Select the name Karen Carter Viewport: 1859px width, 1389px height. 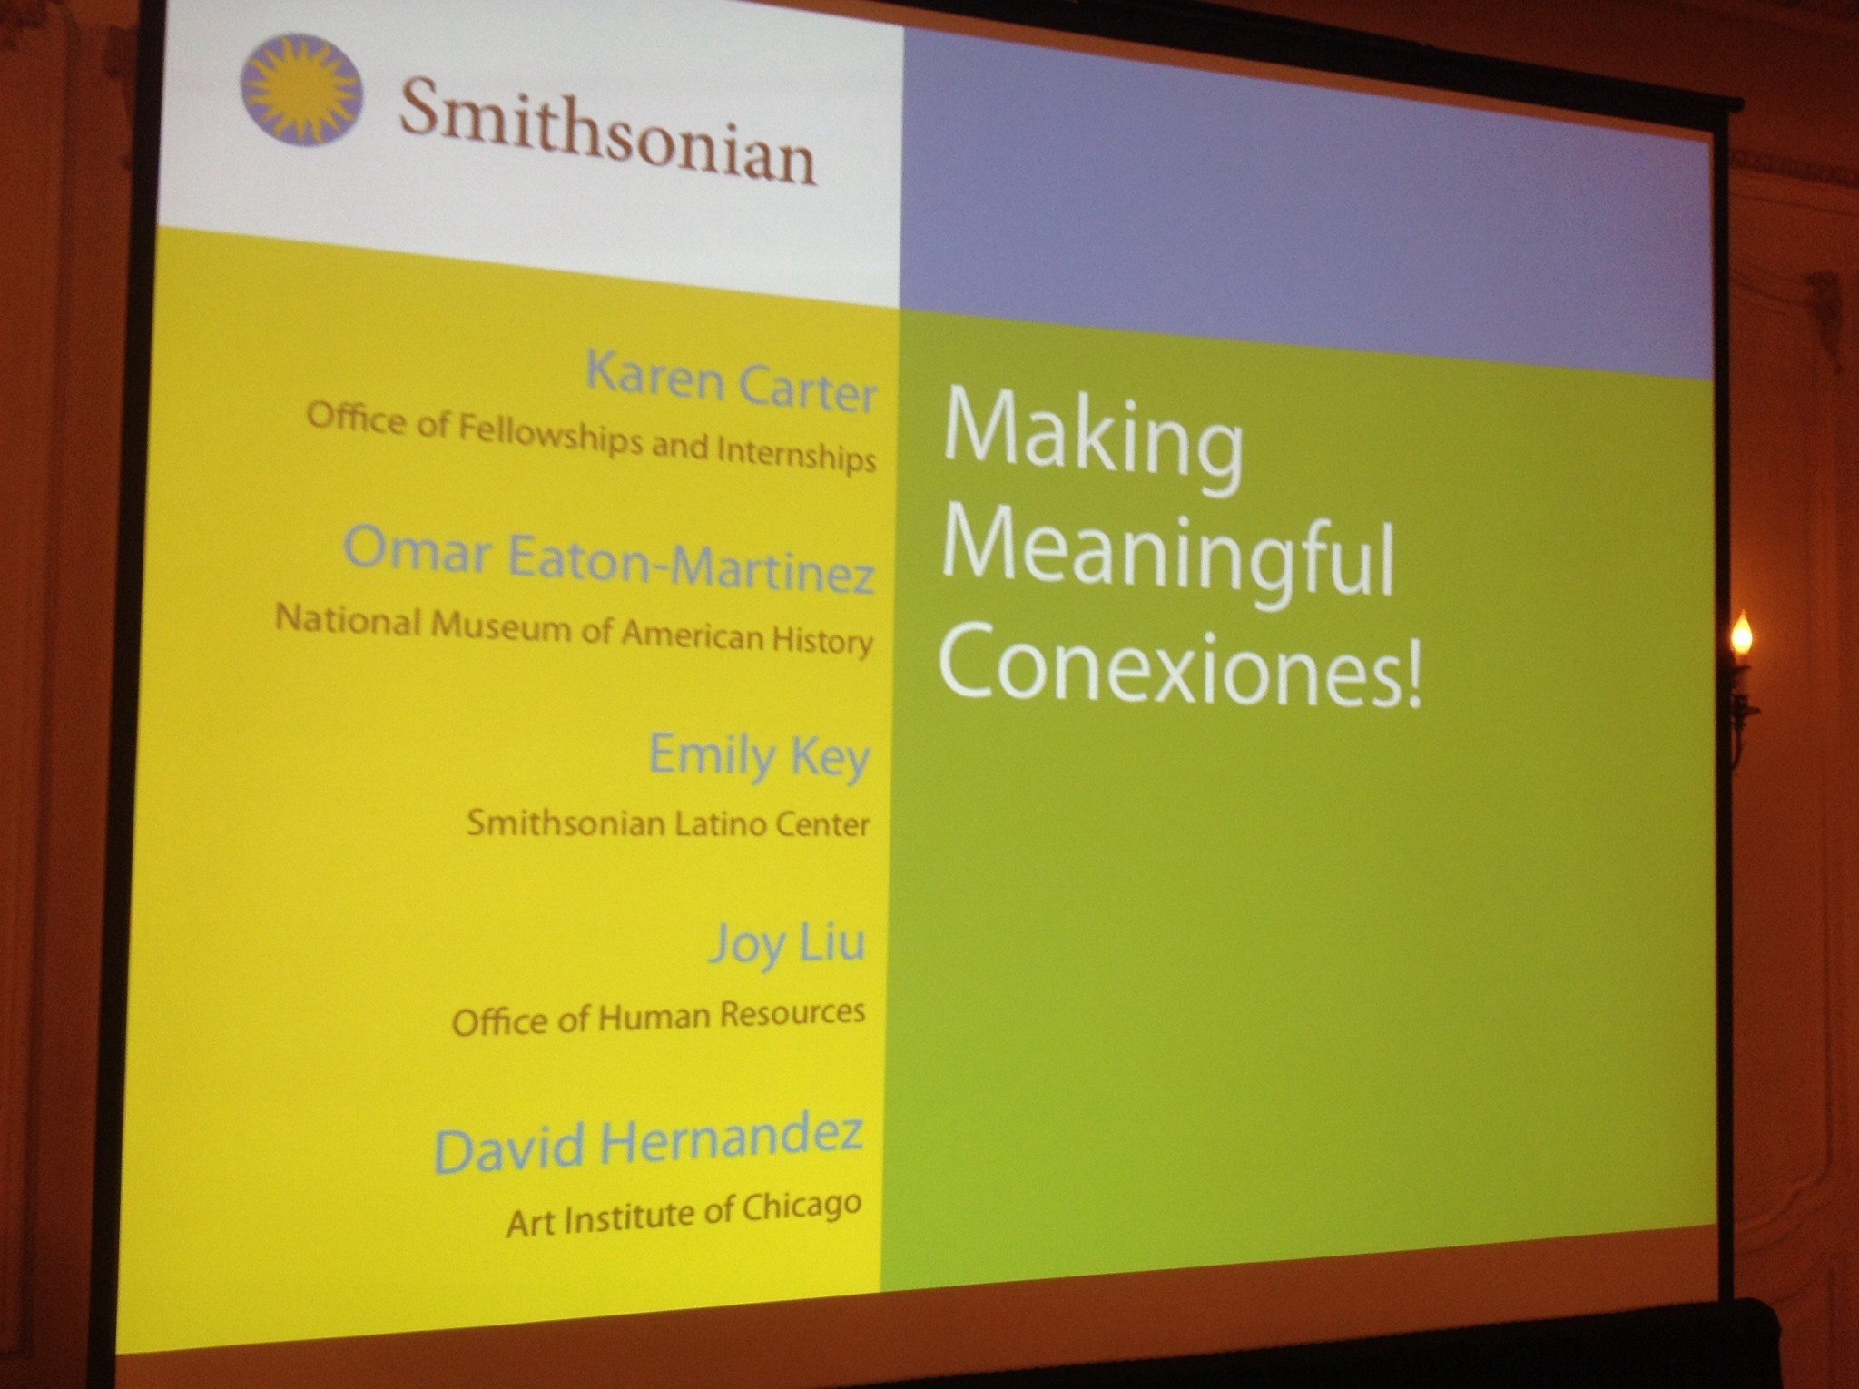[x=732, y=381]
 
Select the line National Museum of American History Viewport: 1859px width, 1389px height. [x=574, y=629]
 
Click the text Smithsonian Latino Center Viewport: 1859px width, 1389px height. [x=668, y=823]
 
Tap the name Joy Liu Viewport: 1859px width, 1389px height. [x=787, y=944]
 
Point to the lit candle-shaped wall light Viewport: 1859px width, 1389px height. [x=1740, y=635]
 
